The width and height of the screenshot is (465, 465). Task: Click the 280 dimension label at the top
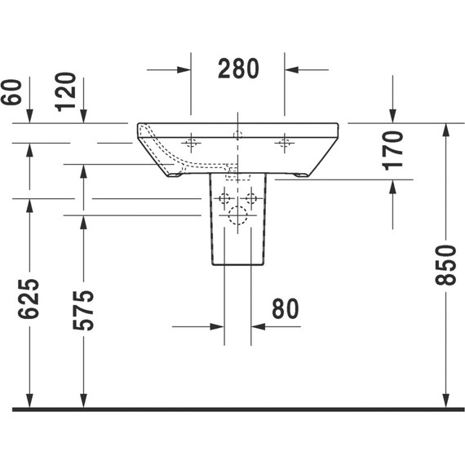[x=238, y=69]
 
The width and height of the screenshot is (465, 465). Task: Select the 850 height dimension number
[x=445, y=266]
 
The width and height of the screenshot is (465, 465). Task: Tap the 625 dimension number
[x=29, y=303]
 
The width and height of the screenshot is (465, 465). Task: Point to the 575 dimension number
[x=83, y=309]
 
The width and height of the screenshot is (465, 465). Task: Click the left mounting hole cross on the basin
[x=191, y=144]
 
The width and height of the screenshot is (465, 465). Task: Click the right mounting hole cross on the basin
[x=285, y=144]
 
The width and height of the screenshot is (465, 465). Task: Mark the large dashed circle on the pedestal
[x=237, y=215]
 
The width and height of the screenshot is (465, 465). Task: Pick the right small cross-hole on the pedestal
[x=251, y=198]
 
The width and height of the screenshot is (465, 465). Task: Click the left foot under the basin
[x=175, y=175]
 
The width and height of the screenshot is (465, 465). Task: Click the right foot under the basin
[x=301, y=175]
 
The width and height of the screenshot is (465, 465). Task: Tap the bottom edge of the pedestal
[x=237, y=265]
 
